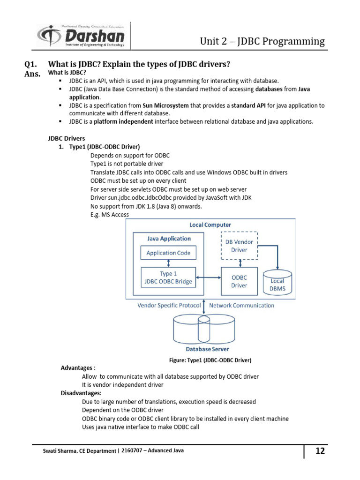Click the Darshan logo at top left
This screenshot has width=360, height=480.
pos(81,36)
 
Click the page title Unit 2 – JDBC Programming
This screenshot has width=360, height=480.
pos(262,41)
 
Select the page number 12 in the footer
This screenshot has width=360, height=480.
pos(320,451)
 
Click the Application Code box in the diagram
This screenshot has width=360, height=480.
pos(168,253)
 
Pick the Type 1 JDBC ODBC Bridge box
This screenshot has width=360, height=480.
pos(168,277)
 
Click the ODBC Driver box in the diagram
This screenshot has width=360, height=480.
pos(239,281)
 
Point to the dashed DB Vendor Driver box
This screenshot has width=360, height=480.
pos(239,246)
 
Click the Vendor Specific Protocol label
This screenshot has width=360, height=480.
pos(169,305)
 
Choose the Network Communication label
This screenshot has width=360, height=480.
pos(241,305)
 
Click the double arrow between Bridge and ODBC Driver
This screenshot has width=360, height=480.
pos(209,278)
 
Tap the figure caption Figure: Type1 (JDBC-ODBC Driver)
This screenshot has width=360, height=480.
pos(210,360)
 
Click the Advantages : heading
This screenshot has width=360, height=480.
pos(78,368)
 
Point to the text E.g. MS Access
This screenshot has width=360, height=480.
pos(109,214)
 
